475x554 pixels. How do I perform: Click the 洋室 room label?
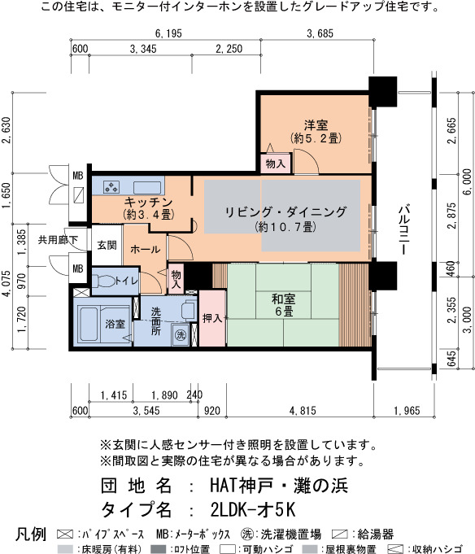coord(316,125)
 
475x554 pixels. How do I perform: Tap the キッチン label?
coord(147,202)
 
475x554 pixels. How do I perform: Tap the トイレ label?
coord(125,281)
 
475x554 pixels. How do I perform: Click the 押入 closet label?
coord(211,318)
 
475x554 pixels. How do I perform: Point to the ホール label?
coord(145,249)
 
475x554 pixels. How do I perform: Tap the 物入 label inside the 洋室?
coord(275,164)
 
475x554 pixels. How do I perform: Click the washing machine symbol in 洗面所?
coord(181,334)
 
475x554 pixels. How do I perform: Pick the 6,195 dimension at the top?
coord(172,34)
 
